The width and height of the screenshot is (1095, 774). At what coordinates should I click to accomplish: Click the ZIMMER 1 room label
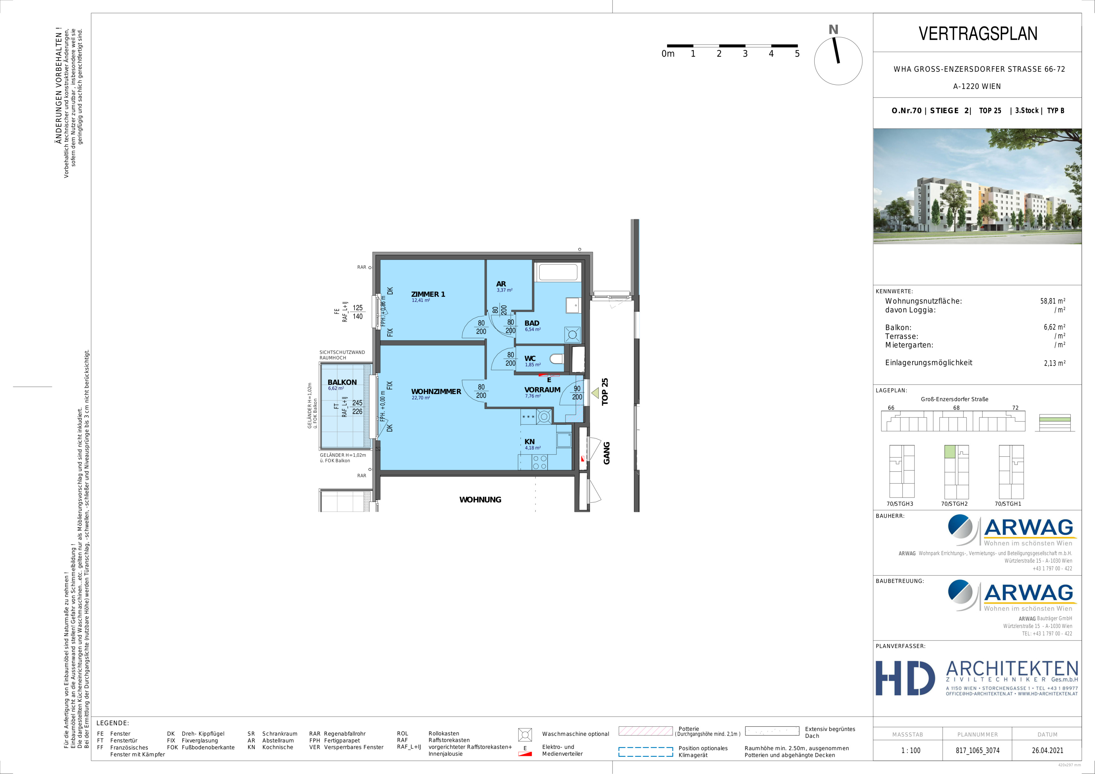click(428, 294)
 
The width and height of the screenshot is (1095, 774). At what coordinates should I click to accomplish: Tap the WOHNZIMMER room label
click(436, 391)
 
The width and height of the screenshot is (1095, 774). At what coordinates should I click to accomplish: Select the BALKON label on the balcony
click(342, 382)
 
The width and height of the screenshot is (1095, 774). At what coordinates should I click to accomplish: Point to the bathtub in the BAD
click(558, 272)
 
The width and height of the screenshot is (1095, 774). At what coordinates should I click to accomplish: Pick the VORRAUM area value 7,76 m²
click(533, 396)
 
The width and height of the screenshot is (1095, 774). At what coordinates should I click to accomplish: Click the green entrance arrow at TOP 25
click(595, 393)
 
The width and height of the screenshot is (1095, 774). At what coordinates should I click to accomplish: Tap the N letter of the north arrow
click(833, 29)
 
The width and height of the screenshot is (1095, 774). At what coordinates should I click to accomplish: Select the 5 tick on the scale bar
click(797, 53)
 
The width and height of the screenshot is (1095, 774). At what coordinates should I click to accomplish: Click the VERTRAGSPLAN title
click(978, 33)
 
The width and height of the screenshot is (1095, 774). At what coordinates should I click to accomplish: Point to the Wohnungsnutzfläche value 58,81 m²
click(1052, 301)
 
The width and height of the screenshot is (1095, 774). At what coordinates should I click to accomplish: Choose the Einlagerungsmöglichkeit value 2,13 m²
click(1054, 363)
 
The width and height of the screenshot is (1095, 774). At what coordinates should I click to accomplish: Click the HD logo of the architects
click(905, 678)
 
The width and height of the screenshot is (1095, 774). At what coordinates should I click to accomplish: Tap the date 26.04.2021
click(1047, 750)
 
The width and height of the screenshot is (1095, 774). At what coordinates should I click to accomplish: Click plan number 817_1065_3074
click(977, 750)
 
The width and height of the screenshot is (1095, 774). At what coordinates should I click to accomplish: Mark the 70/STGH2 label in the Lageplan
click(954, 504)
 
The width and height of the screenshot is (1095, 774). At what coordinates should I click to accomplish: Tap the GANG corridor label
click(607, 453)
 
